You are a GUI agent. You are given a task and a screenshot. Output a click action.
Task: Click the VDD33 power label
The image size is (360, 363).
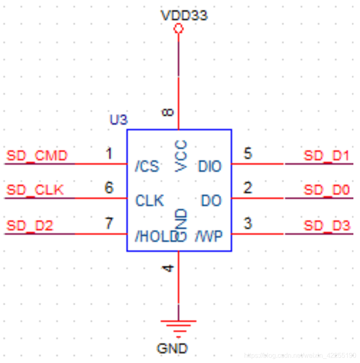(184, 16)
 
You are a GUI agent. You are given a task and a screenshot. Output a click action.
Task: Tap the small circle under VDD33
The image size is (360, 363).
(179, 28)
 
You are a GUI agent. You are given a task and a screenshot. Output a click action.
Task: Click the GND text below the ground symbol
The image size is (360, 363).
(172, 349)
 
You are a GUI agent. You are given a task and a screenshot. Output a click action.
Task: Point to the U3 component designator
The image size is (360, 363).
(118, 120)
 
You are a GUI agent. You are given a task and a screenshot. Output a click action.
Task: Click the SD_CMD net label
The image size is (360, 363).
(37, 156)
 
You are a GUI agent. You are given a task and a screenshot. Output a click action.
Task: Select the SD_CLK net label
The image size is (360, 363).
(35, 190)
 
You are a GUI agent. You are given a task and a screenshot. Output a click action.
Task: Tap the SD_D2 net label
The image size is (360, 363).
(29, 226)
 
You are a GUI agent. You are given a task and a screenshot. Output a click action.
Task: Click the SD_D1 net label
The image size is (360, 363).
(327, 156)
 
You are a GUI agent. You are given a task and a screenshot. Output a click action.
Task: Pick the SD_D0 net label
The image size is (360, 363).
(327, 190)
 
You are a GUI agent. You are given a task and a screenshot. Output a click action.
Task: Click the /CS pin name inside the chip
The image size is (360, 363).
(147, 167)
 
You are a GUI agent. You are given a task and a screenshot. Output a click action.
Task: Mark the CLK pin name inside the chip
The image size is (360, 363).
(150, 201)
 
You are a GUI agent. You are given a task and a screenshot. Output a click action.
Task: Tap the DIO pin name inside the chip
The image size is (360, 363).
(210, 167)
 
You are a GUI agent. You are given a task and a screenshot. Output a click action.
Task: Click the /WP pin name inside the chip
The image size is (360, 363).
(209, 236)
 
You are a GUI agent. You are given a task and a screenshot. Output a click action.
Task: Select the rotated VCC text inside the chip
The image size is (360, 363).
(181, 156)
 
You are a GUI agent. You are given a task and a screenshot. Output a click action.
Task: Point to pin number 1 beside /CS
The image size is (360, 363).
(109, 154)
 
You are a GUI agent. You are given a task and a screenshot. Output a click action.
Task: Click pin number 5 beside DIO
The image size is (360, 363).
(247, 154)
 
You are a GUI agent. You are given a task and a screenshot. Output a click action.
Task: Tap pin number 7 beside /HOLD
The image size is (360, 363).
(109, 224)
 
